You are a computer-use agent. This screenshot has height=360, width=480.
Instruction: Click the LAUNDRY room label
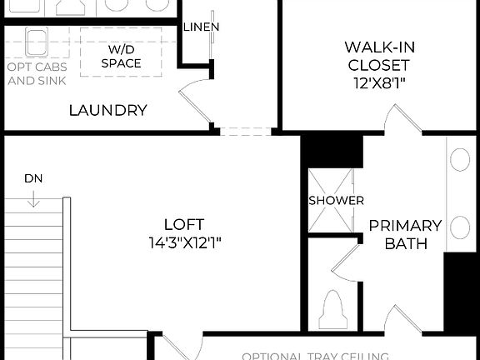pyautogui.click(x=108, y=110)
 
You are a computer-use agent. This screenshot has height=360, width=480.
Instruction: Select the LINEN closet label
pyautogui.click(x=201, y=27)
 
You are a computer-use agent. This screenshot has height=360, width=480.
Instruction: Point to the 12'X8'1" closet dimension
pyautogui.click(x=377, y=82)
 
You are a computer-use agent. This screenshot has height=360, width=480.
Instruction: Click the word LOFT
pyautogui.click(x=184, y=224)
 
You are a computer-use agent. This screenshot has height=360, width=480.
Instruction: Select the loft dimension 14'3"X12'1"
pyautogui.click(x=184, y=242)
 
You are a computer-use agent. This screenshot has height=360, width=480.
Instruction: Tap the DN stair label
pyautogui.click(x=33, y=178)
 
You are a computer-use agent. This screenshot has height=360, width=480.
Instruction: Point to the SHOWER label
pyautogui.click(x=336, y=201)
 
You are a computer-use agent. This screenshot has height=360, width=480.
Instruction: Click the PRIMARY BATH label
pyautogui.click(x=404, y=234)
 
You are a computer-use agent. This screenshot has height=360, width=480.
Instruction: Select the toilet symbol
pyautogui.click(x=333, y=308)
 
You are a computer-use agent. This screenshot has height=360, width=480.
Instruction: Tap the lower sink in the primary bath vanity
pyautogui.click(x=459, y=227)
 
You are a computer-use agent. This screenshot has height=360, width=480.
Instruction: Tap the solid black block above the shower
pyautogui.click(x=331, y=151)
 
